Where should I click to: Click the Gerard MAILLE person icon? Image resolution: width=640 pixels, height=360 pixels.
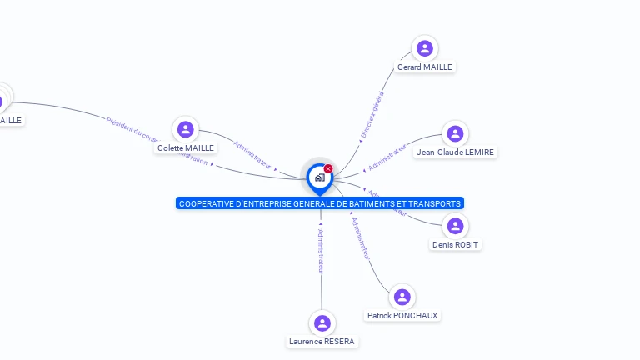click(425, 48)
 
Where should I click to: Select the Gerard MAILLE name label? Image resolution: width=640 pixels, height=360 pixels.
click(425, 67)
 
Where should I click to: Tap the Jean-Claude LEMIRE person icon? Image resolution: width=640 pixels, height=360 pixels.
click(455, 133)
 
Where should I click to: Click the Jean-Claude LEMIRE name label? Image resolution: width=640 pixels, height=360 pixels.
click(455, 152)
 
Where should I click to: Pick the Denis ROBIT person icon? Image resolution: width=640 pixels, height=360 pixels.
click(455, 226)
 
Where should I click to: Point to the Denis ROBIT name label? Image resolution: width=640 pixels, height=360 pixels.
click(455, 244)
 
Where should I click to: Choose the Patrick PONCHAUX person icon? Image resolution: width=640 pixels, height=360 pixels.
click(402, 297)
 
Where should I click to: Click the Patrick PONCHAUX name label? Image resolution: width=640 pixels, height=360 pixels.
click(402, 315)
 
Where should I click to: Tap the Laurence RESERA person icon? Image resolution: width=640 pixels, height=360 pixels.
click(322, 322)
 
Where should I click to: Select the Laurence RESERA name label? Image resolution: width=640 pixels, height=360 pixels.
click(322, 341)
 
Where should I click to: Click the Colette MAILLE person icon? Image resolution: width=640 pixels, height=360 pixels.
click(186, 129)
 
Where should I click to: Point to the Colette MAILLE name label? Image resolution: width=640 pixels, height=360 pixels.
click(186, 147)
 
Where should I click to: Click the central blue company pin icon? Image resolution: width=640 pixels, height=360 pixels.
click(319, 177)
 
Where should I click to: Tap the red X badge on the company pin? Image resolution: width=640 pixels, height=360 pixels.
click(328, 169)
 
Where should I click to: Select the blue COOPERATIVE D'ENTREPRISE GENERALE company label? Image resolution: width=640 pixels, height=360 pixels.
click(319, 203)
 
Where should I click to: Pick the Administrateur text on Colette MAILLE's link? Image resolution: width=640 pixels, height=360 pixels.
click(252, 155)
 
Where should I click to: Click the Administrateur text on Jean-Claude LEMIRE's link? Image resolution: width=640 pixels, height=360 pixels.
click(388, 156)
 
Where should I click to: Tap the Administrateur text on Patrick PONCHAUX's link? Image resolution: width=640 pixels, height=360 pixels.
click(361, 239)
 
